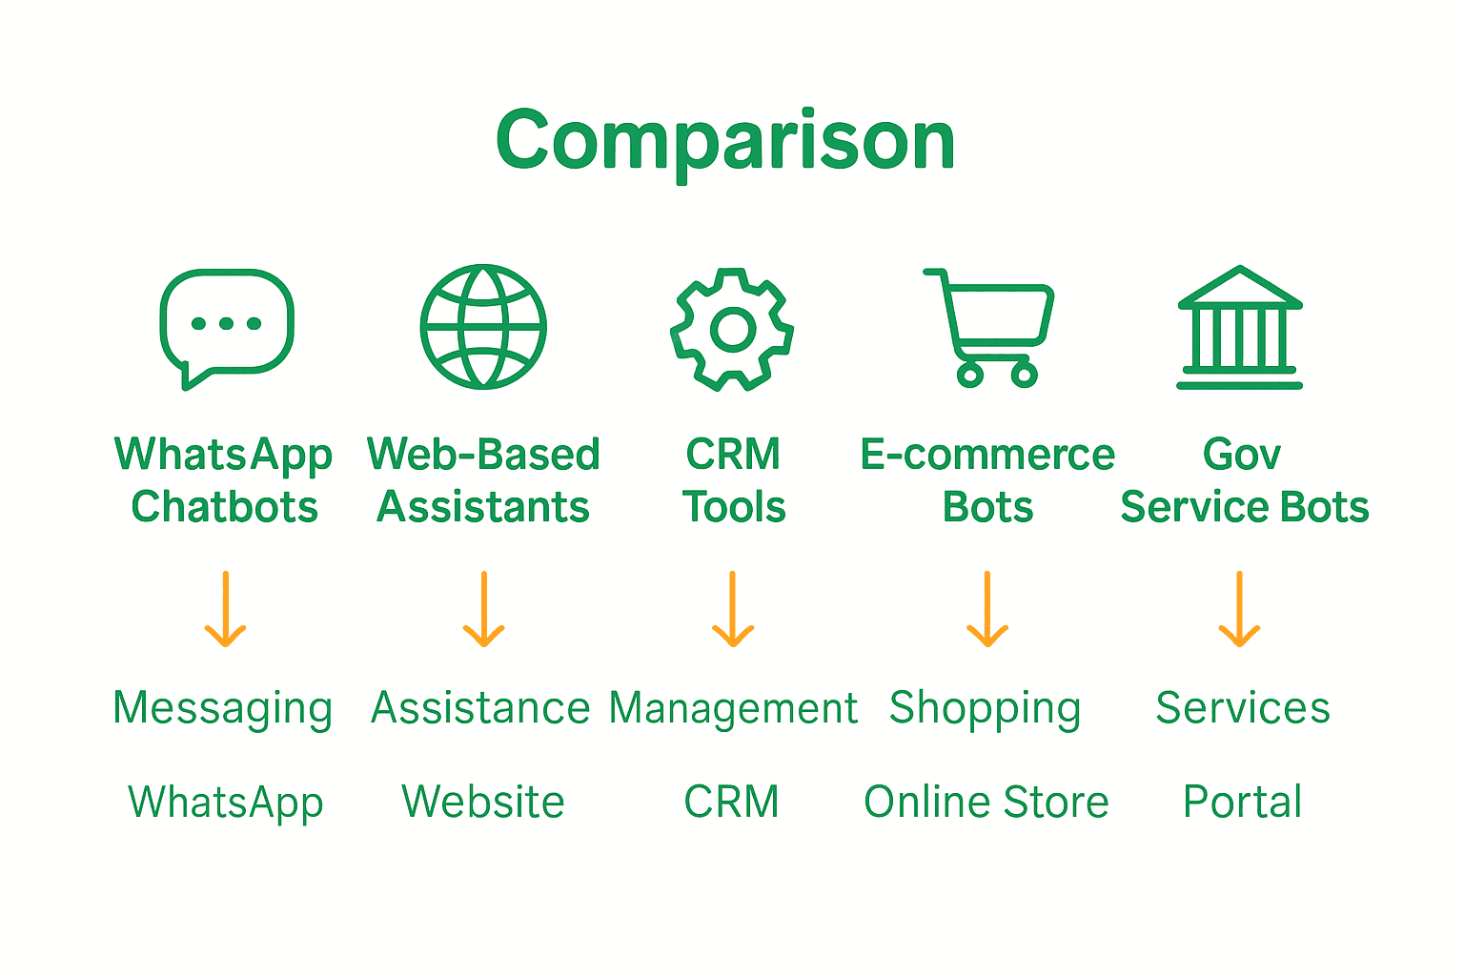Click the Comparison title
725,140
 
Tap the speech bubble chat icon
227,326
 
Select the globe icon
483,326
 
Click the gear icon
732,329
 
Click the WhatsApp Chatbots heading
224,480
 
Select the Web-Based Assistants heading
483,480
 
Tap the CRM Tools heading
733,480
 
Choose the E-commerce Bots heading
987,480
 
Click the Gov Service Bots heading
1244,480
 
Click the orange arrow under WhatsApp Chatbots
226,609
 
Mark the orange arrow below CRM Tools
733,609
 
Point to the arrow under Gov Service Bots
1239,609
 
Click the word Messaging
223,709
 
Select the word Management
733,709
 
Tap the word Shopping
986,709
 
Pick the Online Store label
986,802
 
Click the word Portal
1242,802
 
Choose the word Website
483,802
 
